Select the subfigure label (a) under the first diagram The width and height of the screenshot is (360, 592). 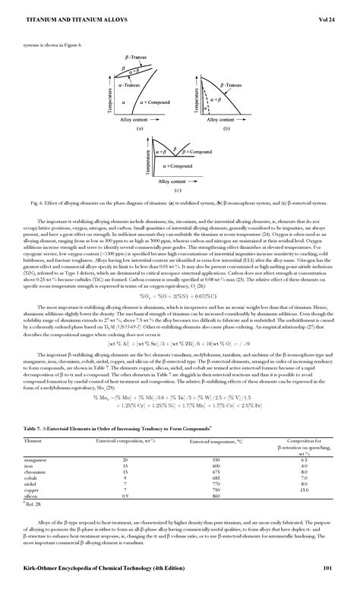point(118,129)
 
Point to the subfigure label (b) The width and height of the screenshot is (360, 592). point(226,129)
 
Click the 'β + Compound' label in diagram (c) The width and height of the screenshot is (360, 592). point(198,152)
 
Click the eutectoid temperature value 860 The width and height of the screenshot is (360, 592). point(216,474)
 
